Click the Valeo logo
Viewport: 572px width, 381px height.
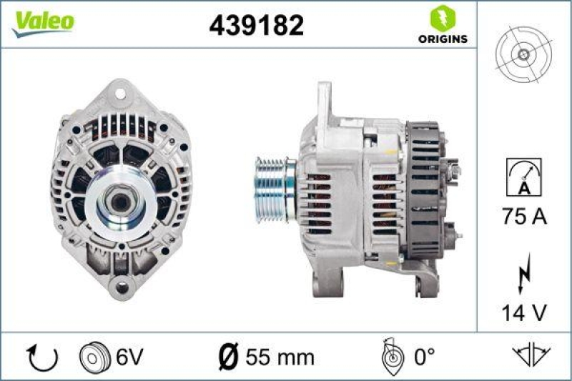tap(44, 21)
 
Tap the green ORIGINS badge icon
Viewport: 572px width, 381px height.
tap(441, 18)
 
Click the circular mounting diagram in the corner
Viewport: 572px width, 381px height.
tap(523, 54)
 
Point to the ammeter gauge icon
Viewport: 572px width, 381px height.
tap(523, 177)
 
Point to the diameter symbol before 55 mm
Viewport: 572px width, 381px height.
tap(229, 356)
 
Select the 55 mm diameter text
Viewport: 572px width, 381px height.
tap(279, 356)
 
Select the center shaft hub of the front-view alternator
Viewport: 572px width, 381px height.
tap(121, 202)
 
